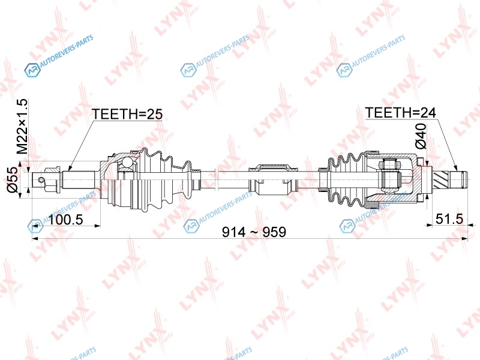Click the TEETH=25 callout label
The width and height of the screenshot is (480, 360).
(127, 114)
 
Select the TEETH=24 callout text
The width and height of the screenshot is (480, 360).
(400, 113)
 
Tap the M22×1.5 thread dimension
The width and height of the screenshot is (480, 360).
(22, 127)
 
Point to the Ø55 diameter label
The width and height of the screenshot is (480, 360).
(13, 179)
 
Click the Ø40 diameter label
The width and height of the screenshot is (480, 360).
(421, 136)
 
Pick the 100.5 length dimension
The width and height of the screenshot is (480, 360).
(66, 219)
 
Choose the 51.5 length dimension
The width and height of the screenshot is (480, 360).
(449, 218)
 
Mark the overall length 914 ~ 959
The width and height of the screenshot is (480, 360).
(254, 232)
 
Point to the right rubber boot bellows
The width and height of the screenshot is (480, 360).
(347, 179)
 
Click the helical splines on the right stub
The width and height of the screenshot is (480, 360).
(441, 179)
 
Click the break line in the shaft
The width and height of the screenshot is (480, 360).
(216, 179)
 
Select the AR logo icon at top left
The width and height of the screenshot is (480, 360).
(32, 70)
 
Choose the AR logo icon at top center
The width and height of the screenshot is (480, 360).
(188, 70)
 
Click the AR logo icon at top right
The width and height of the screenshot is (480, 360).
(344, 70)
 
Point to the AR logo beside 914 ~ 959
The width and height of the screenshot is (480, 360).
(191, 226)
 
